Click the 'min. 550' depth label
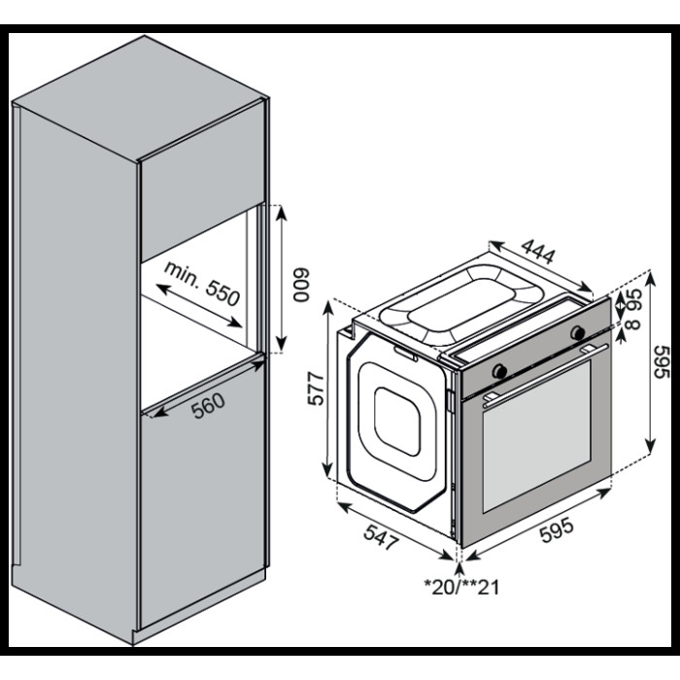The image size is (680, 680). [202, 283]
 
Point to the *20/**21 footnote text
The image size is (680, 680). [461, 586]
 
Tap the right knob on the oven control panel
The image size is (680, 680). [580, 333]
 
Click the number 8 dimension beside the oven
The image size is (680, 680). [634, 324]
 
